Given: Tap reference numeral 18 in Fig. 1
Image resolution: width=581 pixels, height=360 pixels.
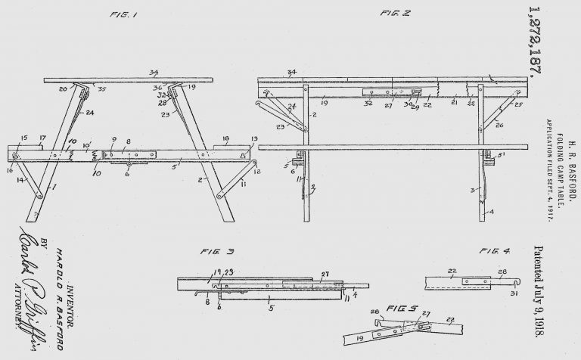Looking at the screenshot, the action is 225,139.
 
